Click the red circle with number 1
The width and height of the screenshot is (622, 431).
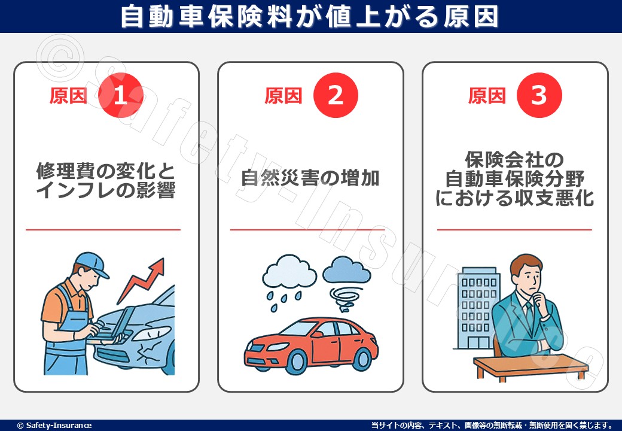[x=121, y=96]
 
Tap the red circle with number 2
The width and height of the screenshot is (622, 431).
[x=335, y=96]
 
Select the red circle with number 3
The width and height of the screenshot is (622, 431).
[x=539, y=96]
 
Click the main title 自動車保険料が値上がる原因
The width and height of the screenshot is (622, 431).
[x=310, y=16]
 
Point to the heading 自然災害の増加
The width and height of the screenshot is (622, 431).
[x=310, y=178]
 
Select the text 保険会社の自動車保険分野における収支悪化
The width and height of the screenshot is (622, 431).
[x=514, y=178]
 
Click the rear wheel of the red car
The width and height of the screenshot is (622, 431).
[x=361, y=358]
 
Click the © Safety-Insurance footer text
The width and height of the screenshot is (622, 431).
[x=54, y=425]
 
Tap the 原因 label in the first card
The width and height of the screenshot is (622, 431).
[x=68, y=96]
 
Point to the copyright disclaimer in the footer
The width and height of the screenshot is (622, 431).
[x=492, y=425]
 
